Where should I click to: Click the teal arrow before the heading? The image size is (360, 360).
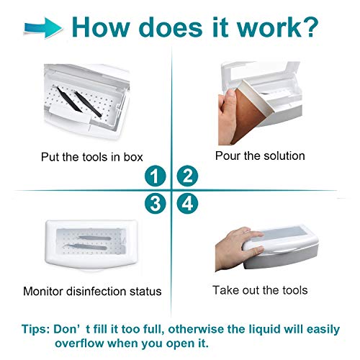[43, 27]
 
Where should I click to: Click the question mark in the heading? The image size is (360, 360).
[307, 27]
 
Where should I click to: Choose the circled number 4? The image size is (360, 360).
[186, 204]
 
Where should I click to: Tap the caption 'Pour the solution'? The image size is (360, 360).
[259, 155]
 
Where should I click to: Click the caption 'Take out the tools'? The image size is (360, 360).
[259, 290]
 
